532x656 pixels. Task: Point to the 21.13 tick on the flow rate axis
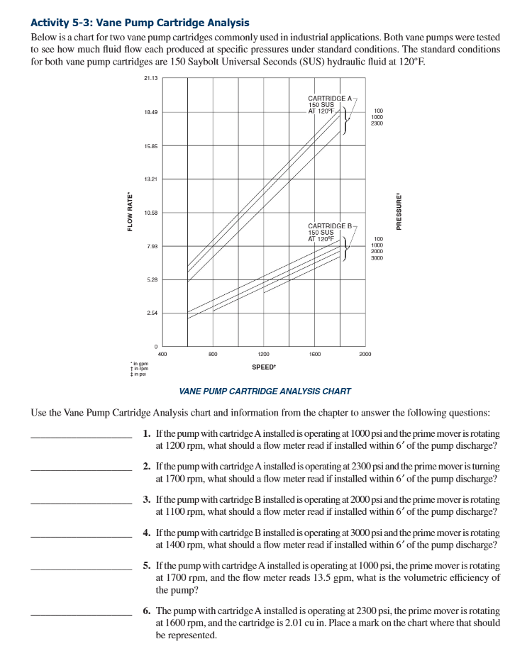(x=150, y=78)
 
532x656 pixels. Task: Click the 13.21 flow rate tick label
(x=150, y=179)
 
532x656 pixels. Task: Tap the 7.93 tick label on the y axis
(x=152, y=246)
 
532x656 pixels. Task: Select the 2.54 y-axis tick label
(x=152, y=313)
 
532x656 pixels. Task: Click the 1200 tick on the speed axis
(x=263, y=352)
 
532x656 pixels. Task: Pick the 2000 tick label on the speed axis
(x=365, y=352)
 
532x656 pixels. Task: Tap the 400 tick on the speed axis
(x=162, y=352)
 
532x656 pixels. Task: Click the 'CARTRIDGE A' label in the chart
(x=330, y=97)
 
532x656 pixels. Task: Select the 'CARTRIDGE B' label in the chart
(x=330, y=226)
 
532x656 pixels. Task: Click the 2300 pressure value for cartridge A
(x=377, y=123)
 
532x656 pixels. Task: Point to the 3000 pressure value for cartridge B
(x=377, y=258)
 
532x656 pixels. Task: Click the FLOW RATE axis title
(x=130, y=212)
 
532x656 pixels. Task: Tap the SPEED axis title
(x=263, y=367)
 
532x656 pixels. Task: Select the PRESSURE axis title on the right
(x=399, y=212)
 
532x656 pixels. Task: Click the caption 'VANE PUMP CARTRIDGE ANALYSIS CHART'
(x=265, y=391)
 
